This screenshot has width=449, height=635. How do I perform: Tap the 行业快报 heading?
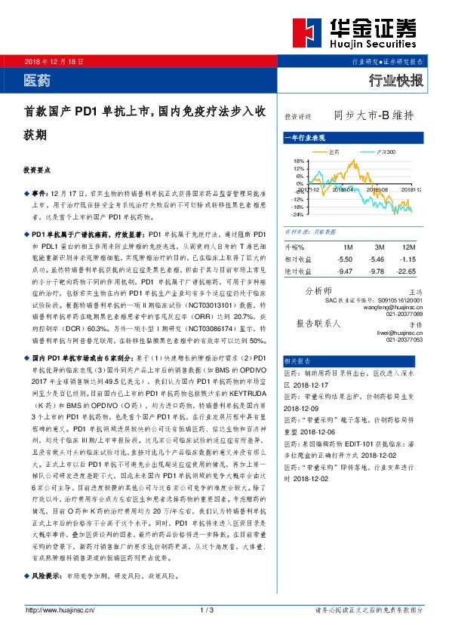click(395, 80)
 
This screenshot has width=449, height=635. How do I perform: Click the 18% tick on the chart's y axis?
click(298, 161)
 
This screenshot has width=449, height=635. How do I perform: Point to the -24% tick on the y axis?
click(297, 213)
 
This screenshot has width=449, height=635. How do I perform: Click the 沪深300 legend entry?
click(386, 152)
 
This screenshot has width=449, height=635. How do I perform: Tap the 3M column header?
click(379, 247)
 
